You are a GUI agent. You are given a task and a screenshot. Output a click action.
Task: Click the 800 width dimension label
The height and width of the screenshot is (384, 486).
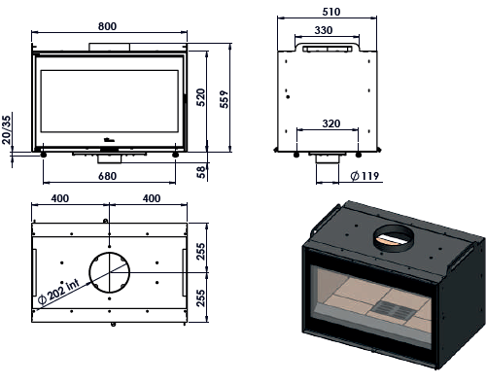point(107,26)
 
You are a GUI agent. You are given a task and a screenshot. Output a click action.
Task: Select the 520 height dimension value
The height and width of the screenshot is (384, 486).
point(200,97)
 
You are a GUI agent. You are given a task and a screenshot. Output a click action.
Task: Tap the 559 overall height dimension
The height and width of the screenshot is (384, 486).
point(224,99)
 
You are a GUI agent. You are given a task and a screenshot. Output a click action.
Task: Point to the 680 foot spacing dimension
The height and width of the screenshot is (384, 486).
point(107,176)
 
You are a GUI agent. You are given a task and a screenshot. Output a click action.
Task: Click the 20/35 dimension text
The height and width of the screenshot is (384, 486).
point(6,129)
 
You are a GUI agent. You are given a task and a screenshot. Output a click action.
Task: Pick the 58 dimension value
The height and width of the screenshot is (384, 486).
point(201,172)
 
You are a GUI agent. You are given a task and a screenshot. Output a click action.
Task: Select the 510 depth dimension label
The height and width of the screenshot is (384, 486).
point(331,12)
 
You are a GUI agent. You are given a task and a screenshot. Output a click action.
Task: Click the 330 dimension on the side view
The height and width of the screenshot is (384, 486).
point(324,30)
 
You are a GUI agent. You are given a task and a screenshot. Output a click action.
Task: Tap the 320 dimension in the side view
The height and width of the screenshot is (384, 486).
point(331,123)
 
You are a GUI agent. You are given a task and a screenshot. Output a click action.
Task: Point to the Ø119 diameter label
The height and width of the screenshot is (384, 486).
point(364,176)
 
